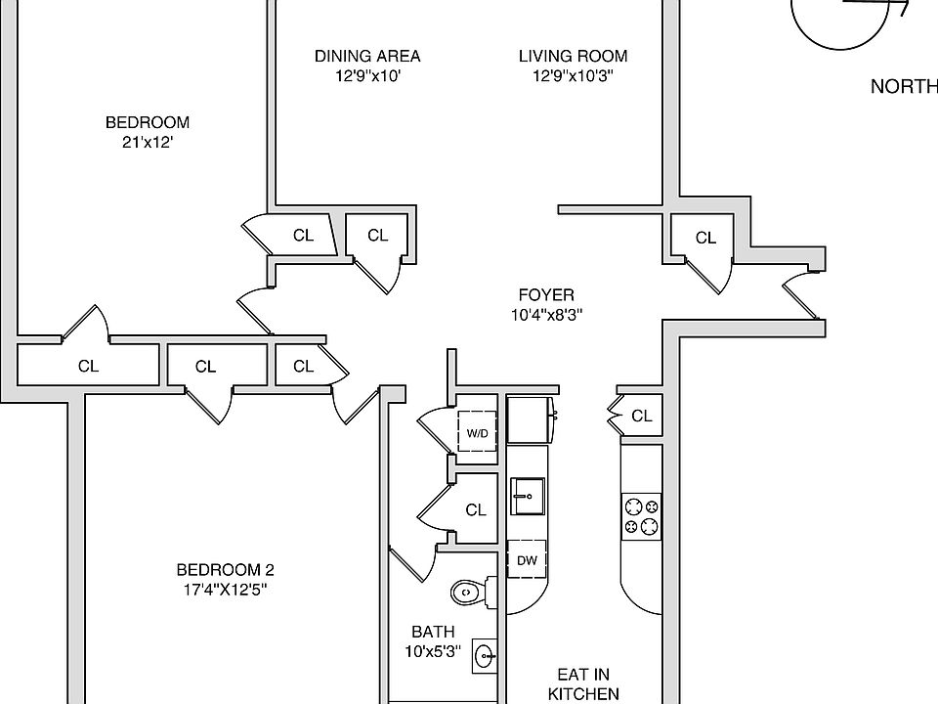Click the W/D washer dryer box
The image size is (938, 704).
pyautogui.click(x=477, y=431)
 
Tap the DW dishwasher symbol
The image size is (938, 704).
pyautogui.click(x=527, y=560)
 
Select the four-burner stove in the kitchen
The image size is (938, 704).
pyautogui.click(x=642, y=515)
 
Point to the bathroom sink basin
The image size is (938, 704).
pyautogui.click(x=484, y=655)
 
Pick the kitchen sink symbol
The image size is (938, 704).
pyautogui.click(x=527, y=497)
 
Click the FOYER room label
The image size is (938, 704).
pyautogui.click(x=546, y=294)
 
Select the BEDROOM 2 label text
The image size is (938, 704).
pyautogui.click(x=225, y=570)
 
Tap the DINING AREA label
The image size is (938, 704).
pyautogui.click(x=367, y=56)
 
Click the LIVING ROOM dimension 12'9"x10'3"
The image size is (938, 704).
pyautogui.click(x=573, y=75)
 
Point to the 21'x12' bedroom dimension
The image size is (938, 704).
pyautogui.click(x=148, y=142)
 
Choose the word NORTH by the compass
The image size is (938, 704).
pyautogui.click(x=904, y=87)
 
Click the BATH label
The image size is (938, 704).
pyautogui.click(x=433, y=632)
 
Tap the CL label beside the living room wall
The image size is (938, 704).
pyautogui.click(x=705, y=238)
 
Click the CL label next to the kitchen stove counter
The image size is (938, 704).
pyautogui.click(x=641, y=416)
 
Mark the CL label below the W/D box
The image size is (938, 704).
pyautogui.click(x=476, y=509)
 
